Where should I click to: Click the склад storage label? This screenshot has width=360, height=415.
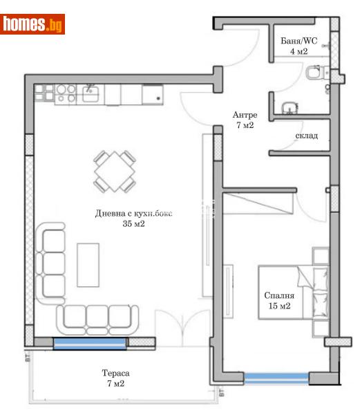(306, 136)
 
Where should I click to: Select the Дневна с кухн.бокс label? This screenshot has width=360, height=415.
(133, 214)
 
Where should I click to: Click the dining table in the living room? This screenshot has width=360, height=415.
(114, 171)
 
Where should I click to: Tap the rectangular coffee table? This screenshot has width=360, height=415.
(88, 264)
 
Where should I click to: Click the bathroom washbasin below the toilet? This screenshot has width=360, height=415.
(290, 107)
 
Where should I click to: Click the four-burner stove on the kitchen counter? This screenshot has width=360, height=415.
(66, 94)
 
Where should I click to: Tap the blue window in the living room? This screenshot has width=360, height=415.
(90, 343)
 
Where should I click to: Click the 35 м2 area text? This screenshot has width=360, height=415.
(133, 224)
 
